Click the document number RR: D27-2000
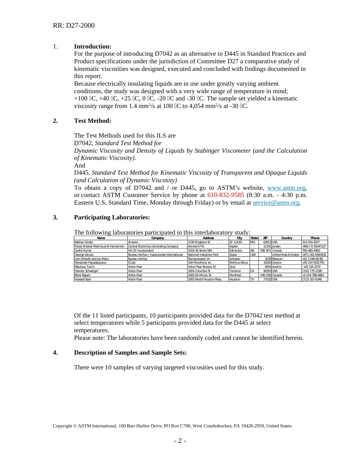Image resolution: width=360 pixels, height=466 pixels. (74, 25)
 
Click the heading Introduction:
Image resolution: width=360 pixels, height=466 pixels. (92, 47)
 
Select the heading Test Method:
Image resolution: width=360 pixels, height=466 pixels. (92, 121)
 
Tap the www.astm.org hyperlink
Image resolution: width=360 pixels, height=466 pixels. (286, 188)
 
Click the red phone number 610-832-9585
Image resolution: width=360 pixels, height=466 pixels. (225, 195)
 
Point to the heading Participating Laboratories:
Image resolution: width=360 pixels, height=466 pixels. (112, 217)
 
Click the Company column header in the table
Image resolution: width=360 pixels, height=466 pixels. (157, 238)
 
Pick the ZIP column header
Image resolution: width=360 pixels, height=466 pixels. (265, 238)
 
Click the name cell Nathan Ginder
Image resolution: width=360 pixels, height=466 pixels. (84, 242)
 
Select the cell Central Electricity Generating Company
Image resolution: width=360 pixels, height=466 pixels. (153, 246)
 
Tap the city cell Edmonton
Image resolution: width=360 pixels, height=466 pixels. (236, 250)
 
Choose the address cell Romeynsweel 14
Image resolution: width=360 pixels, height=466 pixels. (199, 259)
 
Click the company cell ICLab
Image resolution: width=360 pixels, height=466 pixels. (132, 263)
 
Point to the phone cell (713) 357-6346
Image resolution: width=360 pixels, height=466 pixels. (312, 279)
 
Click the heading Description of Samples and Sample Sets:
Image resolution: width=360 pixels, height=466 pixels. (130, 353)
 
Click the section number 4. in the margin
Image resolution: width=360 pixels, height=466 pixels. (55, 353)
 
